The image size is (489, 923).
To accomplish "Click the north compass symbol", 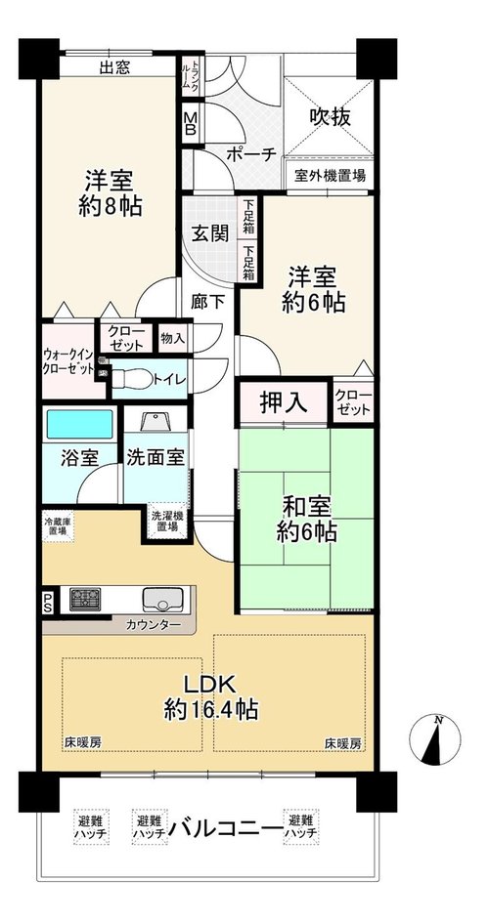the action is tap(435, 739).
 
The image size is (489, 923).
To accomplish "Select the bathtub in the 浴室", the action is tap(79, 425).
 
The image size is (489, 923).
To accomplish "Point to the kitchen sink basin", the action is tap(162, 600).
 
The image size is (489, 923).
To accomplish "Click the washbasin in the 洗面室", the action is tap(156, 422).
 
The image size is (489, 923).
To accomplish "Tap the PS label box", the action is tap(47, 603).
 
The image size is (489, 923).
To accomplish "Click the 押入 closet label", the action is tap(284, 403).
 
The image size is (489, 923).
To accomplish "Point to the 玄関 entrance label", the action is tap(209, 233).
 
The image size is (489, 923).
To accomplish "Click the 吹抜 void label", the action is tap(331, 117).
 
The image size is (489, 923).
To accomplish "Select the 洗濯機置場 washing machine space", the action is tap(166, 520).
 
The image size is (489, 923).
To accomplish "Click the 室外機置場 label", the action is tap(330, 175).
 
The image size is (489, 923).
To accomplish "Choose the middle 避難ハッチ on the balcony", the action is tap(149, 827).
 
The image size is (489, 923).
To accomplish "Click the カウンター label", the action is tap(153, 624).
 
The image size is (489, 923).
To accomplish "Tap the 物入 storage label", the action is tap(173, 339).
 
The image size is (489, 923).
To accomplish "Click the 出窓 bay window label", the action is tap(114, 67).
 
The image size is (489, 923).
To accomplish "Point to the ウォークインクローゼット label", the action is tap(67, 361).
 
